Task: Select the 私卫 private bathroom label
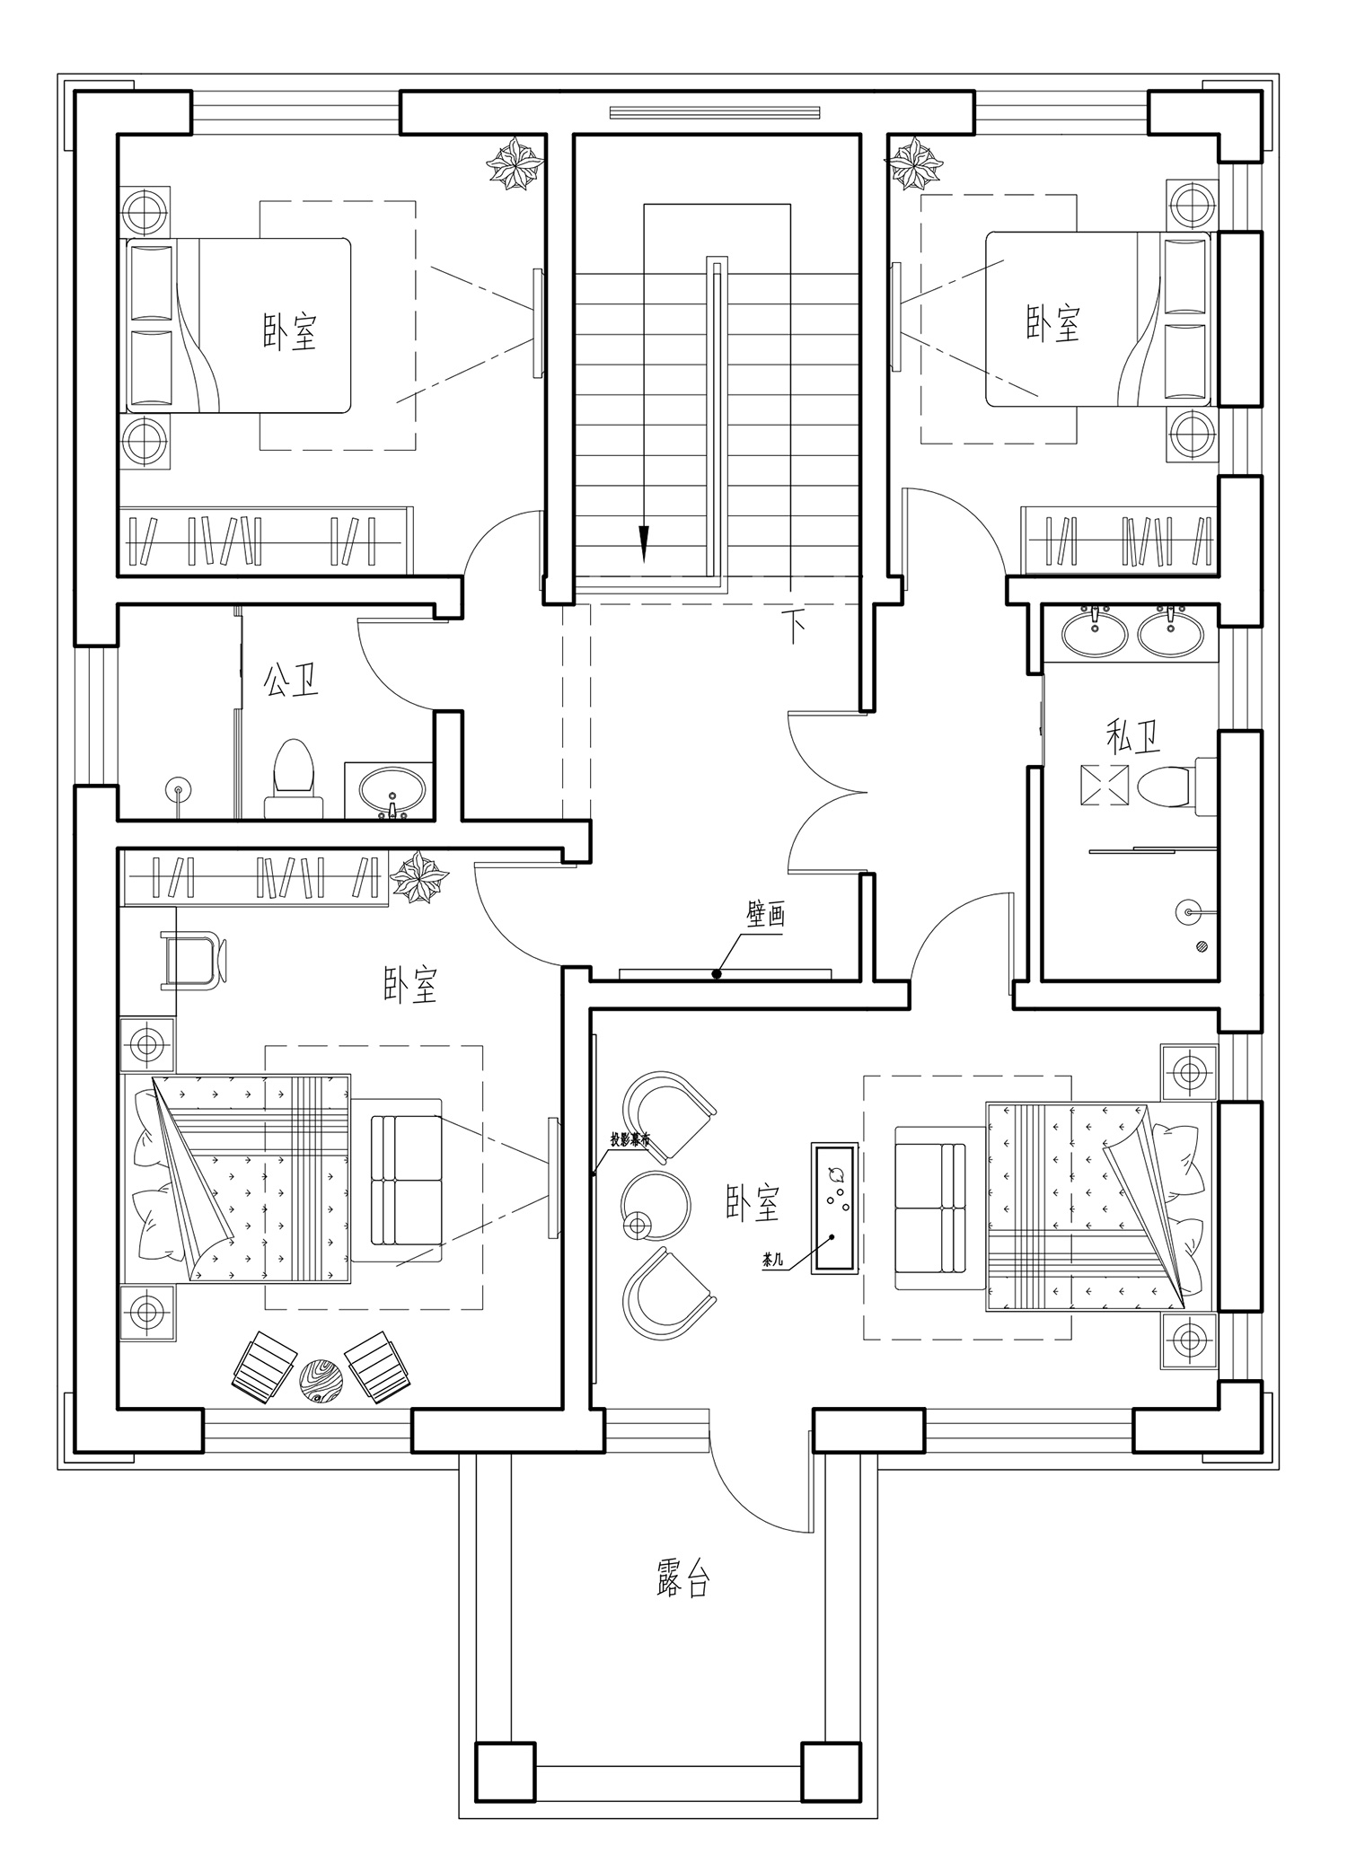click(x=1132, y=738)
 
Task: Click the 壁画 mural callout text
click(x=766, y=915)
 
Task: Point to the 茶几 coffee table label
click(x=772, y=1261)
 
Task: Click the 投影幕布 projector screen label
click(x=629, y=1138)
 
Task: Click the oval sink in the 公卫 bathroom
click(x=394, y=789)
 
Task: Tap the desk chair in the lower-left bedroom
click(x=192, y=960)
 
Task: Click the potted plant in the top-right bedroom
click(x=914, y=163)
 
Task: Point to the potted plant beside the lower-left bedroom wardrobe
click(x=418, y=877)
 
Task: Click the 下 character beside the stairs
click(x=794, y=626)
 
